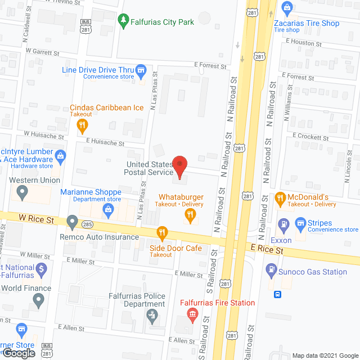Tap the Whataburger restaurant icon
(x=191, y=214)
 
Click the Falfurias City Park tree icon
(x=123, y=22)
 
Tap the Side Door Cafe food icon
(x=162, y=231)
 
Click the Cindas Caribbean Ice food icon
(x=82, y=125)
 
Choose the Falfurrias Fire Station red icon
(x=192, y=313)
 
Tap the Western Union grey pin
(x=22, y=192)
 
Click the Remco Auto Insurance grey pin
(x=72, y=222)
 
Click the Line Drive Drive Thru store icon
(x=142, y=70)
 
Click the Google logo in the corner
(x=18, y=353)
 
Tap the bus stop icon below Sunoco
(x=277, y=294)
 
